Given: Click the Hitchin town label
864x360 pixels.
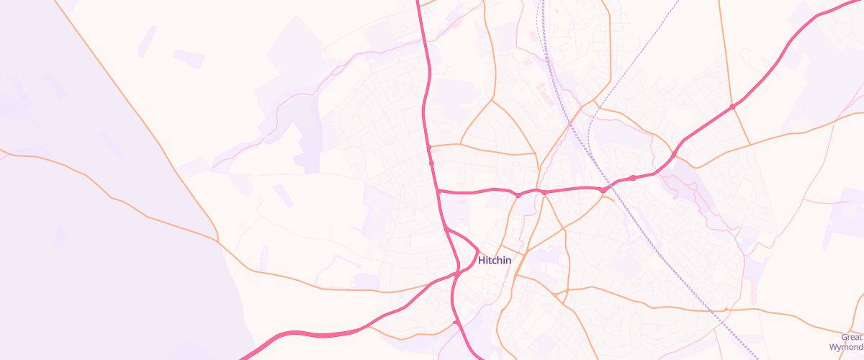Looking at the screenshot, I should click(x=494, y=261).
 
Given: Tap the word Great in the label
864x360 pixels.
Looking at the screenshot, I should click(x=851, y=337).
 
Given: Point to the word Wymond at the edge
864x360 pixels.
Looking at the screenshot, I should click(x=846, y=347).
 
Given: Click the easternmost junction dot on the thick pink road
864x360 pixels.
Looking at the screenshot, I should click(x=732, y=107).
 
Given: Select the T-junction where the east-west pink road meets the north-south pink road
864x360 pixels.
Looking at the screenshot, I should click(x=438, y=192).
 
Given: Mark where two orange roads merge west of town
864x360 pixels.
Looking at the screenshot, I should click(x=217, y=240).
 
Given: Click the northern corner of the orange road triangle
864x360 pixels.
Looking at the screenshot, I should click(x=493, y=100).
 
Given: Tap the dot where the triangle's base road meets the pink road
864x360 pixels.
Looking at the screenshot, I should click(x=428, y=147).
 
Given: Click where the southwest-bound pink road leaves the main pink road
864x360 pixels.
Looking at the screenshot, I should click(x=456, y=274).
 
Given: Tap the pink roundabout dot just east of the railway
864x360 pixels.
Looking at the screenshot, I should click(x=632, y=178).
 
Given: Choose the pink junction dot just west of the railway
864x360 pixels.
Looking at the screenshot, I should click(x=603, y=189).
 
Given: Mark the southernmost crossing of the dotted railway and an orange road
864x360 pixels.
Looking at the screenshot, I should click(x=726, y=310).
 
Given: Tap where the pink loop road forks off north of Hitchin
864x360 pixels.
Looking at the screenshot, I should click(x=446, y=228).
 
